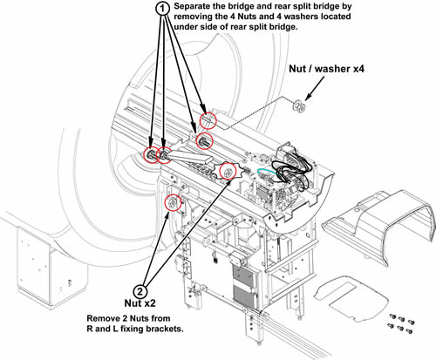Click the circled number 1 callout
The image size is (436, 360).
pyautogui.click(x=163, y=9)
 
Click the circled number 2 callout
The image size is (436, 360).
pyautogui.click(x=140, y=291)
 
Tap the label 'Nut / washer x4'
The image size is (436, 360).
pyautogui.click(x=326, y=69)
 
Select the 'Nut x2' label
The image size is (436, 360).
pyautogui.click(x=140, y=303)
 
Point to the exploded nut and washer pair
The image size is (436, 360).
pyautogui.click(x=299, y=105)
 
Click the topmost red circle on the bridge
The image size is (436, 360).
pyautogui.click(x=208, y=120)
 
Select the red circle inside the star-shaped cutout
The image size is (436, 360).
pyautogui.click(x=228, y=171)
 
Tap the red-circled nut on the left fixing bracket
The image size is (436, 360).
pyautogui.click(x=173, y=203)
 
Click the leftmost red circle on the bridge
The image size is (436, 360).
pyautogui.click(x=153, y=154)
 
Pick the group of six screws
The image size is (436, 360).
pyautogui.click(x=401, y=323)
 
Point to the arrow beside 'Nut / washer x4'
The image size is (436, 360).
pyautogui.click(x=315, y=89)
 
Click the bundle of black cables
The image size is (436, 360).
pyautogui.click(x=292, y=168)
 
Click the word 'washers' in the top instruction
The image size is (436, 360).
pyautogui.click(x=301, y=17)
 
